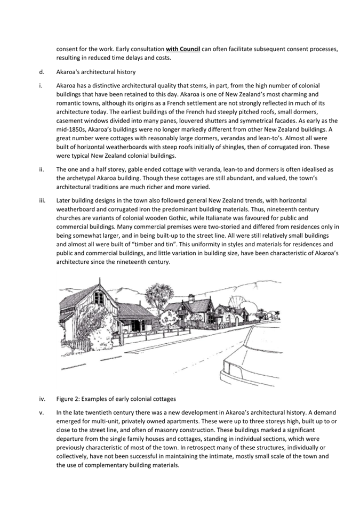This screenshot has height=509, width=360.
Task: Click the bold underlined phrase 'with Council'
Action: coord(183,49)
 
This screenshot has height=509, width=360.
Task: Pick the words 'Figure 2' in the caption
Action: coord(68,399)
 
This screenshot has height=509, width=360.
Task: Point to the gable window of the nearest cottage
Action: coord(98,297)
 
